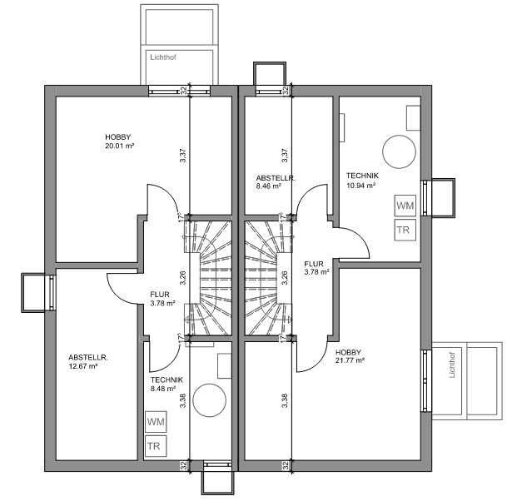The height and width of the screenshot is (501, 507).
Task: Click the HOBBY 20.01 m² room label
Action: point(120,141)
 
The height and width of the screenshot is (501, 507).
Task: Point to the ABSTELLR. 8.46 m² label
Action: point(276,182)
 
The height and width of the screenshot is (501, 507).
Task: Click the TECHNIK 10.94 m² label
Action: point(362,181)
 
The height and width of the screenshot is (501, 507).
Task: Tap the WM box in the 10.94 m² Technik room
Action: point(405,206)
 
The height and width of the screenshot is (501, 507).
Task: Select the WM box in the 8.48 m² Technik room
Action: point(156,422)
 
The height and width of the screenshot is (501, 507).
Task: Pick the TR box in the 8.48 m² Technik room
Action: point(154,447)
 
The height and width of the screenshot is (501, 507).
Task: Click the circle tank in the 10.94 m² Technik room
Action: point(399,152)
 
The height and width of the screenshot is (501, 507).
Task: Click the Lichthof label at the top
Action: point(163,58)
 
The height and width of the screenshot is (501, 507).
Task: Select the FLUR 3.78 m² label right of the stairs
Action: point(316,267)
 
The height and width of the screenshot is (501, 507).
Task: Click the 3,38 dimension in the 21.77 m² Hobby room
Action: point(286,401)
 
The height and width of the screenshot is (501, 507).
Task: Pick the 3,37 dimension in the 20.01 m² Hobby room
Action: point(182,154)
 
